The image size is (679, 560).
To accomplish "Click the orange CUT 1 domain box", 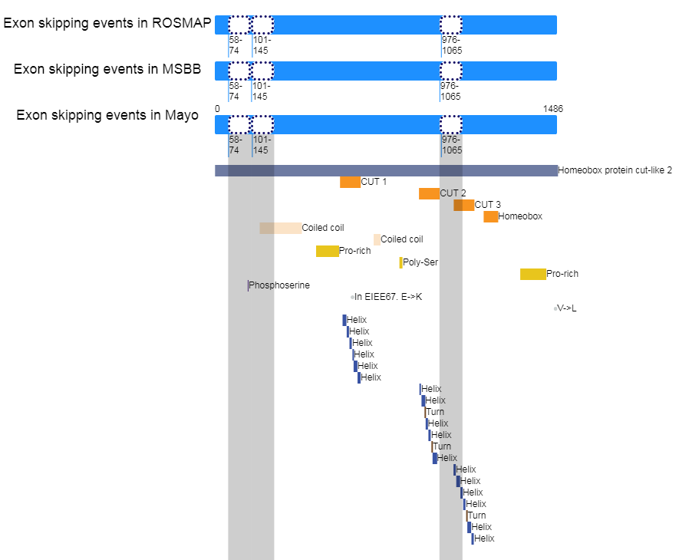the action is tap(350, 182).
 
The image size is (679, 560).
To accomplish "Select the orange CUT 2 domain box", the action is tap(429, 193).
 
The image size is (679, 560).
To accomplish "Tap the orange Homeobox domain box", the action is tap(490, 216).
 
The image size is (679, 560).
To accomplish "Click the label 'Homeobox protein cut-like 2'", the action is tap(615, 170).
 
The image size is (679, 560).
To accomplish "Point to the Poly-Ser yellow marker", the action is tap(401, 262).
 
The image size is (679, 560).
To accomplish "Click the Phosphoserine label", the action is tap(279, 285).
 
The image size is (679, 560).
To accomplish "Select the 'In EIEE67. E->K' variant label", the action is tap(388, 297).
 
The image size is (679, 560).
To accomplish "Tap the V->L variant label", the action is tap(567, 308).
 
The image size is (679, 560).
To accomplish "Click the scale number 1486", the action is tap(553, 109).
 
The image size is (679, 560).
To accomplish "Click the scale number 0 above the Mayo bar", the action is tap(217, 109).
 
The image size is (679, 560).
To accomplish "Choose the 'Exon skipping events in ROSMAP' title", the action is tap(107, 23).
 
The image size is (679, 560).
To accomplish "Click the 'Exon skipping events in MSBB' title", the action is tap(107, 69).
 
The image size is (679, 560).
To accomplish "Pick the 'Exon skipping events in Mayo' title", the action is tap(107, 115).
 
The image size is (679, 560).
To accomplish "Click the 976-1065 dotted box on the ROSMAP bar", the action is tap(451, 25).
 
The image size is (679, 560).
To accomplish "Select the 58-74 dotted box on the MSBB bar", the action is tap(239, 71).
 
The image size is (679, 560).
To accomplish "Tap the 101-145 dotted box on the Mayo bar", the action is tap(262, 125).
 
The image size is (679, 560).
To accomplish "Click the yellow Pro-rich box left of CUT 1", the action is tap(328, 251).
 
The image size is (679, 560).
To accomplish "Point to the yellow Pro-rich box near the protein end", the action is tap(533, 274).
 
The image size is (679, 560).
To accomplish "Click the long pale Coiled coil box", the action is tap(281, 229).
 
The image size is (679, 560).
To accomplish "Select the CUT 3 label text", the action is tap(488, 205).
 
